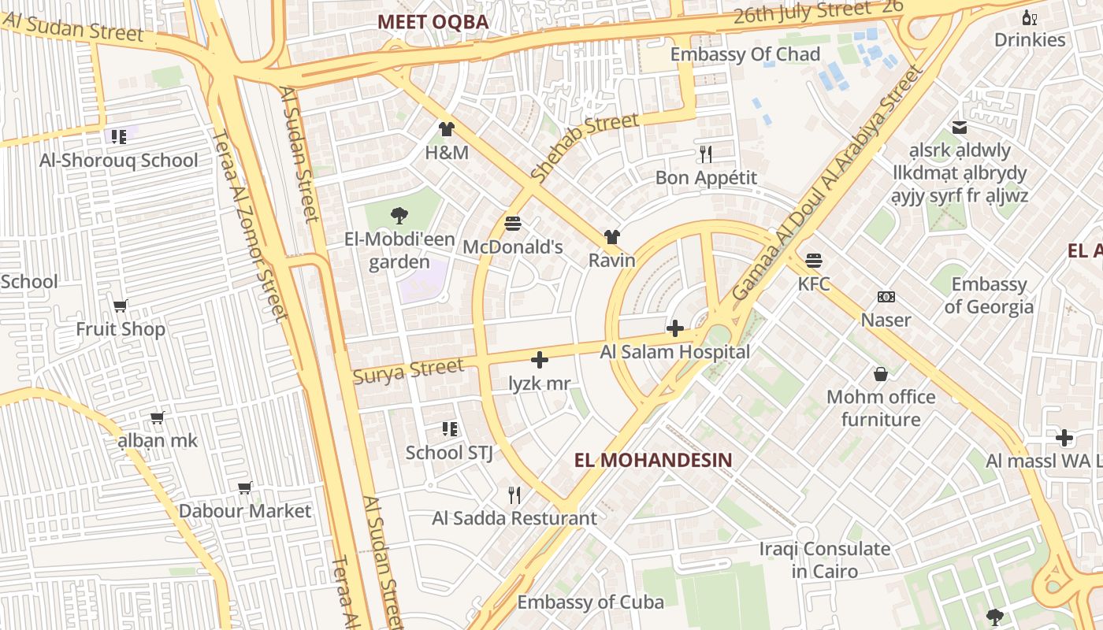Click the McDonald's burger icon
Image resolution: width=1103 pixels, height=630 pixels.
coord(513,224)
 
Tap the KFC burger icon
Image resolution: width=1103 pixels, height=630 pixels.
coord(814,260)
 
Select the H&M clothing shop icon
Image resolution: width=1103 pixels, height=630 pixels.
coord(447,129)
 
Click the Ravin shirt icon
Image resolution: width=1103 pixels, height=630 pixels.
coord(612,236)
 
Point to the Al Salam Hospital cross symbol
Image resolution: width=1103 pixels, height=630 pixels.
coord(675,328)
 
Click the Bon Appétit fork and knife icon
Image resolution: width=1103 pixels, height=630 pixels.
coord(706,154)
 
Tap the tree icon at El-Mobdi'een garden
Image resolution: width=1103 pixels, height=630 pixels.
coord(399,215)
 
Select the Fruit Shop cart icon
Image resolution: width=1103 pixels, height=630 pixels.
coord(121,306)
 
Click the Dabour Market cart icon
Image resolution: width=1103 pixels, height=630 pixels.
coord(245,487)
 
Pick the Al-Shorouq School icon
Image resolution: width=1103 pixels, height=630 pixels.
coord(119,137)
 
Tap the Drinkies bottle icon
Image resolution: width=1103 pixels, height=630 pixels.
coord(1029,17)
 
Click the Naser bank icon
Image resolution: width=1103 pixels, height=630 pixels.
coord(886,297)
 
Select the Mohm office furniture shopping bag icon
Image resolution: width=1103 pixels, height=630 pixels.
coord(881,373)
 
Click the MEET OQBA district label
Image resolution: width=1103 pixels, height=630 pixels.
coord(433,22)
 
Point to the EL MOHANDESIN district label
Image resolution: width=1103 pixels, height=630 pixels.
coord(653,460)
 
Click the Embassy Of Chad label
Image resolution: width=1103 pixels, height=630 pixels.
coord(745,54)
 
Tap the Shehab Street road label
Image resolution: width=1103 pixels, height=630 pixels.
coord(584,147)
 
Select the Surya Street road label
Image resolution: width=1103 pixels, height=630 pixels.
coord(408,371)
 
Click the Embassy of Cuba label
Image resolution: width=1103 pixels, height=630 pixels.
coord(590,602)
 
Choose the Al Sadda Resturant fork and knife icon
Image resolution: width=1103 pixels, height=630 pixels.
coord(514,495)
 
